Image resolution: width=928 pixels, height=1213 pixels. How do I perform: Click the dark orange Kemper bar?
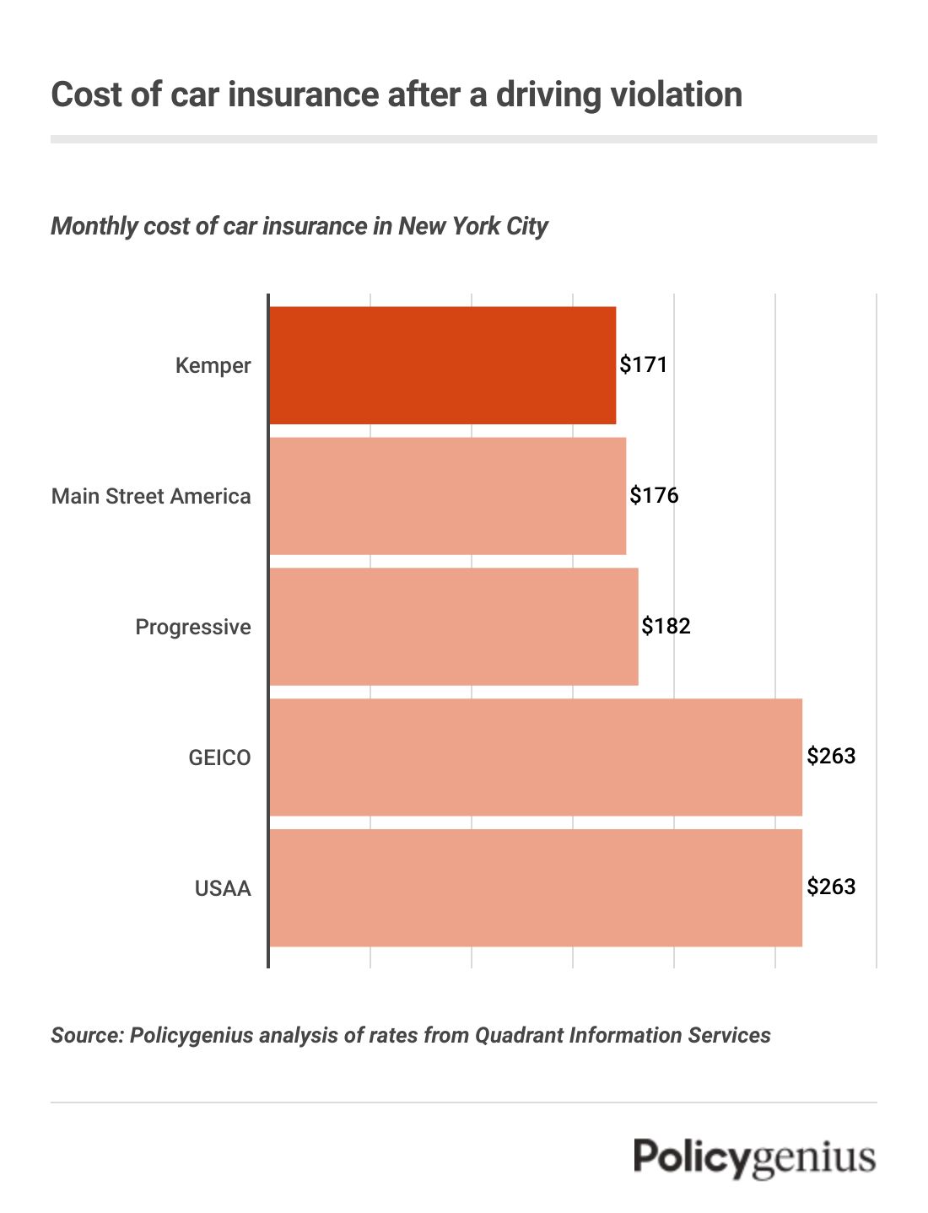(442, 364)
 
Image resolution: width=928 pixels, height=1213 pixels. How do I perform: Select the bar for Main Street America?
(447, 495)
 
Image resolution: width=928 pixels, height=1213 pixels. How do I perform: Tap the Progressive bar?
(453, 626)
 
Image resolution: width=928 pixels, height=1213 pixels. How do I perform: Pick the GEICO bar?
(535, 757)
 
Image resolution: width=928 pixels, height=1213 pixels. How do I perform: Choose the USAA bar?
(535, 887)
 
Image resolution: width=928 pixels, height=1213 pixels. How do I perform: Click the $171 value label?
(644, 364)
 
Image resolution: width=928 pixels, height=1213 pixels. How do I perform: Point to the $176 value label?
(654, 495)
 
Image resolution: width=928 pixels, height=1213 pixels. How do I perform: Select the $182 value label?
(666, 626)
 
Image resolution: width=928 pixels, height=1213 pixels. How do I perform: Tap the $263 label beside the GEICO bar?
(831, 756)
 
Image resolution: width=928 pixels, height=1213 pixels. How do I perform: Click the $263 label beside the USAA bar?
(831, 887)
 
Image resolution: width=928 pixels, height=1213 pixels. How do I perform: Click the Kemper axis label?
(213, 365)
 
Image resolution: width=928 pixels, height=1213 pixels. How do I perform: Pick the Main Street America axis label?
(151, 496)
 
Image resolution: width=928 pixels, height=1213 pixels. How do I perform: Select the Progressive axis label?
(193, 627)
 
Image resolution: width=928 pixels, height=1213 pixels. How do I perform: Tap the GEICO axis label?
(219, 757)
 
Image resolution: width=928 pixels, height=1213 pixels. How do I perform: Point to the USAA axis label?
(223, 888)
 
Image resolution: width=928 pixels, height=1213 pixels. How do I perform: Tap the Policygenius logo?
(754, 1157)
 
